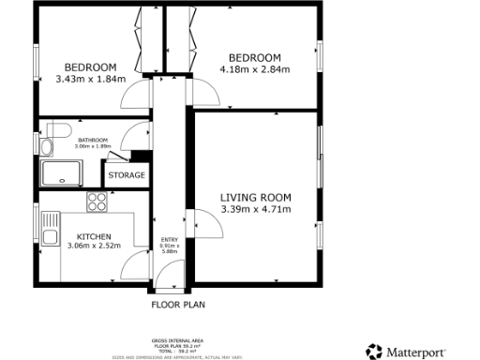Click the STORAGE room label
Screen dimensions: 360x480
coord(127,175)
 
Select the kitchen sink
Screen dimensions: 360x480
coord(46,222)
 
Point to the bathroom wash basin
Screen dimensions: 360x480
coord(45,146)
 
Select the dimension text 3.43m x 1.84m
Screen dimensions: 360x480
coord(90,80)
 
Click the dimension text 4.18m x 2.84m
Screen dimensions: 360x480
coord(255,69)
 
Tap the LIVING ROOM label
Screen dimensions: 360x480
coord(256,197)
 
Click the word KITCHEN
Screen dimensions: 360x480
coord(95,236)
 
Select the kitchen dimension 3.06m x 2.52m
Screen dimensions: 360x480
coord(95,247)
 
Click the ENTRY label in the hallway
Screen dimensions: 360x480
coord(169,240)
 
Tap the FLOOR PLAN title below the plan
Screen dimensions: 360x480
coord(178,304)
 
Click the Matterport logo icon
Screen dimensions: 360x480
coord(374,351)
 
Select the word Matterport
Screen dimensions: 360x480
coord(423,351)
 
